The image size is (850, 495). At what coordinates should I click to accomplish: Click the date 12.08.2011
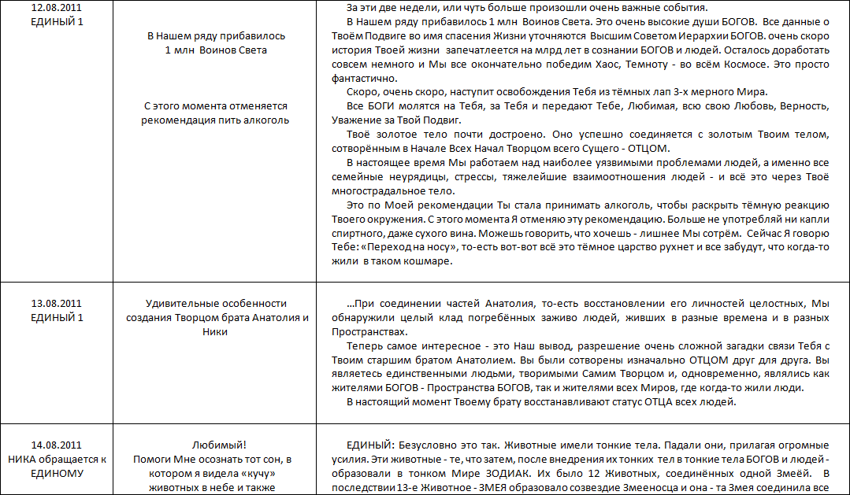tap(56, 7)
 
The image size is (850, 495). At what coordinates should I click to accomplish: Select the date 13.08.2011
tap(56, 304)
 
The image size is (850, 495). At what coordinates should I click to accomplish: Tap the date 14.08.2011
tap(56, 445)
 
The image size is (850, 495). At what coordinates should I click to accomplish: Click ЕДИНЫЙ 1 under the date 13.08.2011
tap(56, 317)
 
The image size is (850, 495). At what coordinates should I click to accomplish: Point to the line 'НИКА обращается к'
tap(56, 459)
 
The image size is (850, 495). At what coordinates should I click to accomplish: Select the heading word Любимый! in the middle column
tap(214, 445)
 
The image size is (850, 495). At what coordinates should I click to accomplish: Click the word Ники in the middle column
tap(214, 331)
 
